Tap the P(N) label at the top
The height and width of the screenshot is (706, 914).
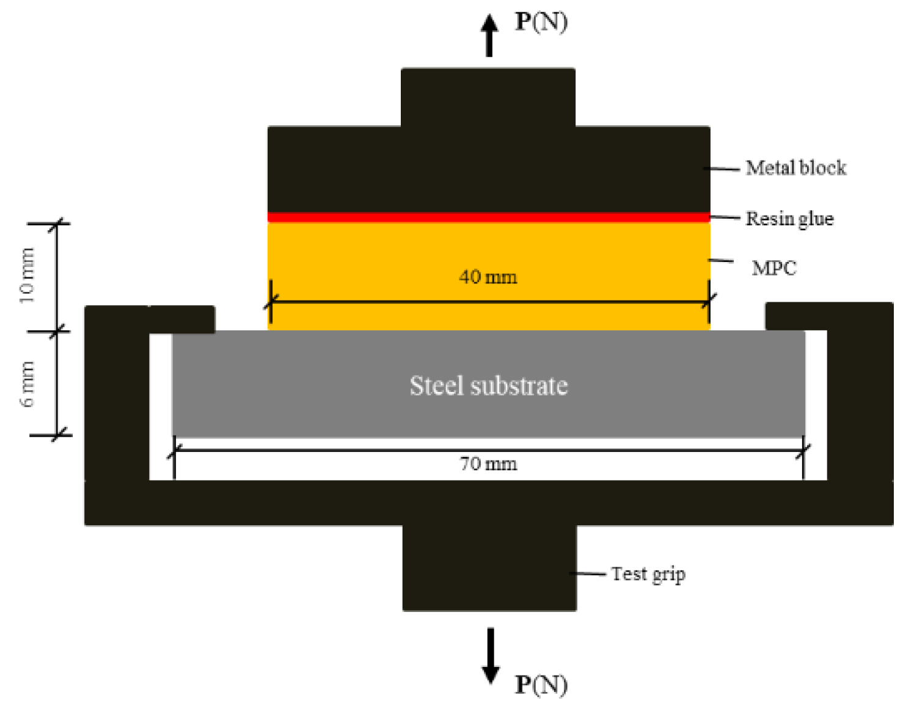tap(541, 22)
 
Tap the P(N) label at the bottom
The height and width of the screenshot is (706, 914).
tap(541, 684)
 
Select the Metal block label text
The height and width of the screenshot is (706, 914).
tap(795, 168)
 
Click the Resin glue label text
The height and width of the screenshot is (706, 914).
tap(789, 219)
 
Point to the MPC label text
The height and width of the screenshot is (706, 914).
tap(774, 268)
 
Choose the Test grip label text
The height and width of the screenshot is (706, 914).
tap(648, 574)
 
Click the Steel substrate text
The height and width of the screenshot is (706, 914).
tap(489, 386)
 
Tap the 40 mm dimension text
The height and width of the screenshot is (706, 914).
tap(488, 277)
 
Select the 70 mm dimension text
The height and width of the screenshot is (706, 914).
tap(488, 464)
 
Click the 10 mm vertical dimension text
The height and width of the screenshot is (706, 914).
tap(27, 276)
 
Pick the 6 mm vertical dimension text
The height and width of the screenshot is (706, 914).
tap(27, 384)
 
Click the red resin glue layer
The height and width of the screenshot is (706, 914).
tap(489, 217)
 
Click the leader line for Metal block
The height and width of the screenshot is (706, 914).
tap(725, 169)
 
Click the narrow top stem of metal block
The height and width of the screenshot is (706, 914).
tap(488, 98)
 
